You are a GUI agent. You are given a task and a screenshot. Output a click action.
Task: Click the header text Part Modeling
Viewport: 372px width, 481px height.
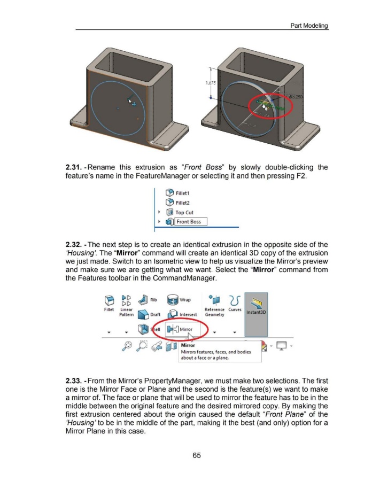coord(308,26)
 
